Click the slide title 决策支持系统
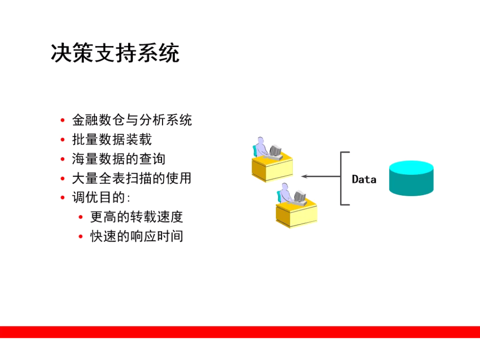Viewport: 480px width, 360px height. pos(115,53)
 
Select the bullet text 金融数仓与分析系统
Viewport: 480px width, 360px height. pos(132,120)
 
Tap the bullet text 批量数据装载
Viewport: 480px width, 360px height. pos(112,139)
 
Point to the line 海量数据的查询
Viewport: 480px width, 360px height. pos(119,158)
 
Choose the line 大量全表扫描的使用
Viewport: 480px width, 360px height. pos(132,178)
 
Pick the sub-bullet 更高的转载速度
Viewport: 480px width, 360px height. pos(137,217)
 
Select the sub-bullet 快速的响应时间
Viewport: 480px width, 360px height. pos(137,236)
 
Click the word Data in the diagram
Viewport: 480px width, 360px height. pos(364,179)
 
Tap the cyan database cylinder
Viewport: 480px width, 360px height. pos(411,178)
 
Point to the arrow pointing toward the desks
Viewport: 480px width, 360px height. pos(321,176)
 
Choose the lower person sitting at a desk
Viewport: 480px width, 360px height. pos(285,193)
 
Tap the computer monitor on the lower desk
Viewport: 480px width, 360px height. pos(300,196)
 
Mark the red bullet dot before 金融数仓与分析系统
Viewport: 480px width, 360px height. pos(63,120)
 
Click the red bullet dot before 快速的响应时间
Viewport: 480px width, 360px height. pos(81,236)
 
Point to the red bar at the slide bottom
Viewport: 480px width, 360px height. pos(240,332)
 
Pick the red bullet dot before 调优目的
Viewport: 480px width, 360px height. pos(63,197)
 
